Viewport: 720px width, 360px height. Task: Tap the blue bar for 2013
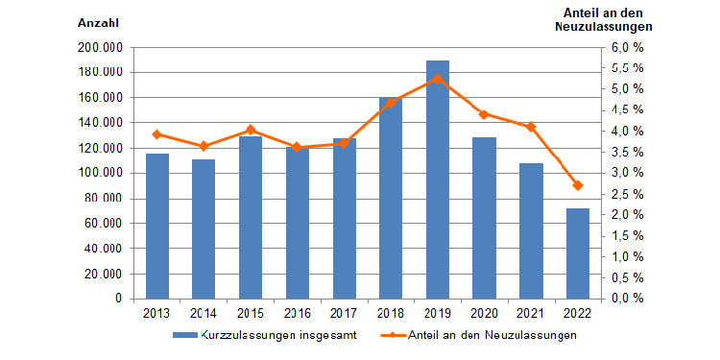pyautogui.click(x=157, y=226)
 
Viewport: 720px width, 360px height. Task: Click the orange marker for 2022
pyautogui.click(x=577, y=185)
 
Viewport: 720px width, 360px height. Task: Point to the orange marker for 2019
pyautogui.click(x=438, y=78)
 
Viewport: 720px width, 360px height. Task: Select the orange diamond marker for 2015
pyautogui.click(x=251, y=130)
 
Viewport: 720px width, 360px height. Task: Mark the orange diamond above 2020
pyautogui.click(x=484, y=114)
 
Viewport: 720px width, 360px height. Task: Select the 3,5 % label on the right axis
pyautogui.click(x=626, y=152)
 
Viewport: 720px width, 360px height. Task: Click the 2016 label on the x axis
pyautogui.click(x=298, y=313)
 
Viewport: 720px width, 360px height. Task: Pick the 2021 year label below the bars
pyautogui.click(x=531, y=313)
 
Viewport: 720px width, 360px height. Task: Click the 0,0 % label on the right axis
pyautogui.click(x=626, y=299)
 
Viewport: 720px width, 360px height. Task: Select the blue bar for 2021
pyautogui.click(x=531, y=230)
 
